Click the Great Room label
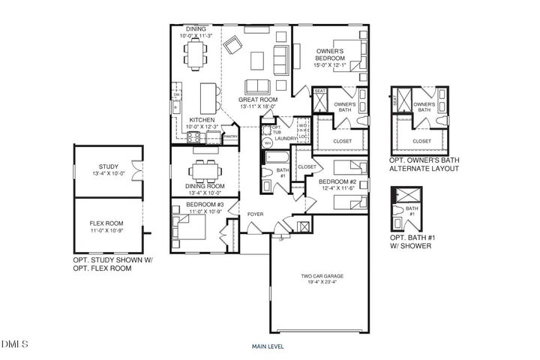point(257,99)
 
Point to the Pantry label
point(231,136)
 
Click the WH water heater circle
point(268,142)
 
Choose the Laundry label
point(286,139)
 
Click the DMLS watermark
point(14,344)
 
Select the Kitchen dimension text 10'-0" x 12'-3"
point(202,127)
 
